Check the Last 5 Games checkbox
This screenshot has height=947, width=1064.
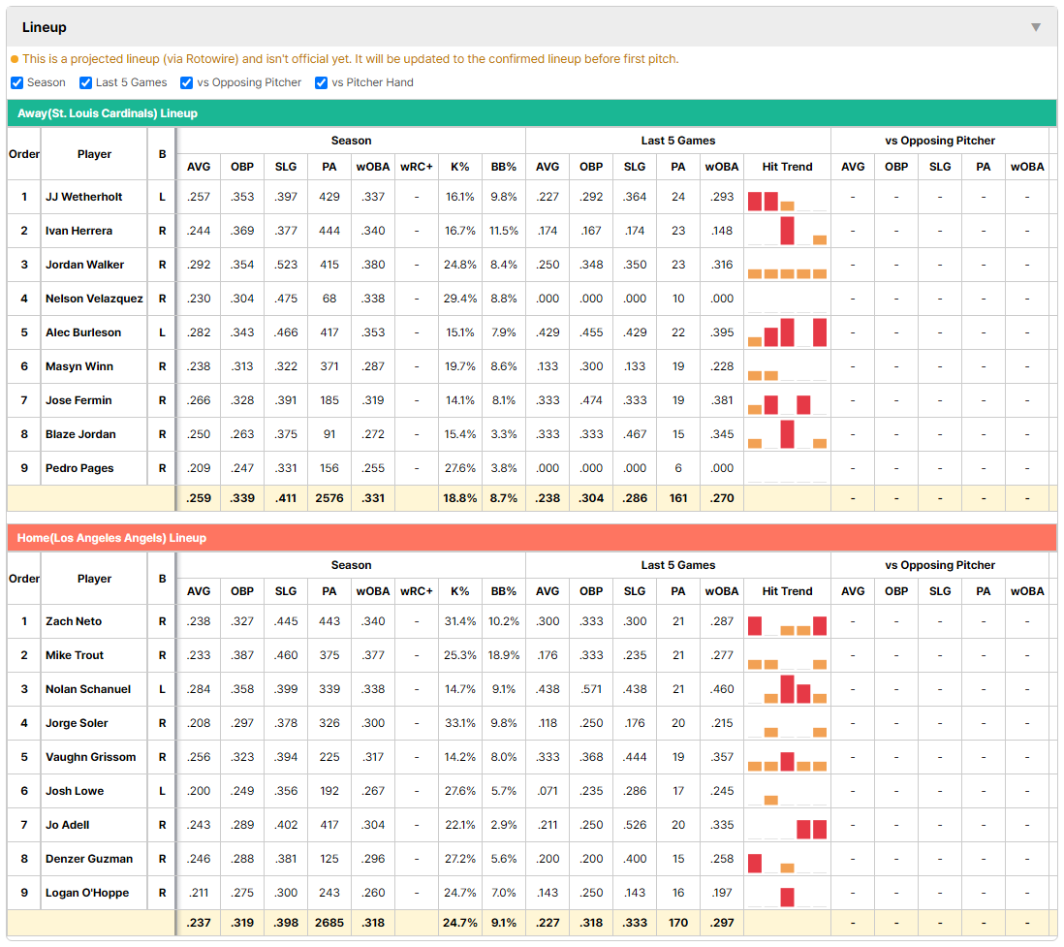click(85, 82)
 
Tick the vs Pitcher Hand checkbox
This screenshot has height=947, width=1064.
click(321, 82)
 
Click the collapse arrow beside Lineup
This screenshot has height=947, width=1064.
click(1036, 27)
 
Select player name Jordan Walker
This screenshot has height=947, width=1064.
click(85, 265)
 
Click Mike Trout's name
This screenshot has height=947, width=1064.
click(75, 655)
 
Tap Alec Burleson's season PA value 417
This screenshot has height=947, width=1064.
click(329, 332)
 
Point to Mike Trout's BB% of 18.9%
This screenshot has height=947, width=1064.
click(504, 655)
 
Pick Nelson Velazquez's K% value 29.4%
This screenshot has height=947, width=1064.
click(460, 299)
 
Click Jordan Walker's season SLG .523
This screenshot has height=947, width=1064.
click(286, 265)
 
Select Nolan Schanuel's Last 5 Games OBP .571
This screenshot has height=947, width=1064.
click(591, 689)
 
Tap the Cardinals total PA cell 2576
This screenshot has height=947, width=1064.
click(329, 498)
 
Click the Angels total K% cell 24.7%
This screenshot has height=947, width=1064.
click(460, 923)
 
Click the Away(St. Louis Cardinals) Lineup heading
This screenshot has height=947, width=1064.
click(108, 113)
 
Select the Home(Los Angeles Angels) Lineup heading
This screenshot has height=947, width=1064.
click(111, 538)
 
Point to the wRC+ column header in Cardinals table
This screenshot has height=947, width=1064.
click(416, 167)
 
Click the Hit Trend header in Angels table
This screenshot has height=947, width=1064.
click(787, 591)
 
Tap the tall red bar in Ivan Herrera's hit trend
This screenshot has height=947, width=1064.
click(787, 231)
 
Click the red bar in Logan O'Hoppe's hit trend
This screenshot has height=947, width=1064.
click(787, 898)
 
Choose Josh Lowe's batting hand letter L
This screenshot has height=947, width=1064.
click(162, 791)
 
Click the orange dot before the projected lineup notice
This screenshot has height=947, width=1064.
click(15, 60)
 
